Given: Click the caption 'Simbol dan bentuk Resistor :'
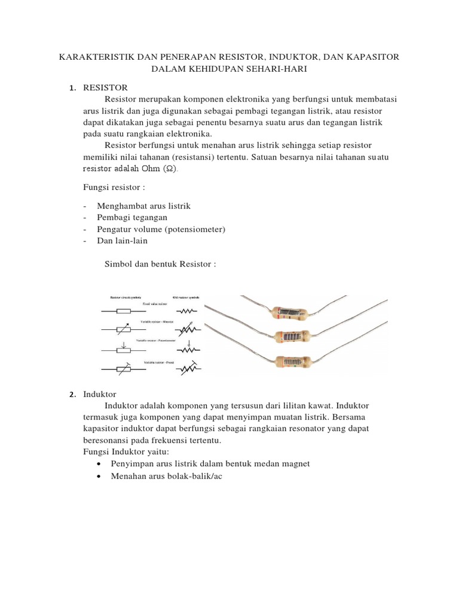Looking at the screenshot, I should point(160,264).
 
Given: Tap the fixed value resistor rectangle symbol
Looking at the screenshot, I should point(123,311).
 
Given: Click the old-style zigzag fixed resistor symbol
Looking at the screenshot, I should point(188,311).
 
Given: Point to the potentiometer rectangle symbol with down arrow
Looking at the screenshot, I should point(123,350).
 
